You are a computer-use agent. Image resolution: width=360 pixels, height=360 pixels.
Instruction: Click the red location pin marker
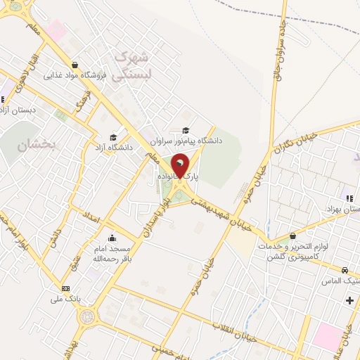[180, 166]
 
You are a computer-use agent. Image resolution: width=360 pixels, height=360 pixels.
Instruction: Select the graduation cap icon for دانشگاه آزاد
[112, 137]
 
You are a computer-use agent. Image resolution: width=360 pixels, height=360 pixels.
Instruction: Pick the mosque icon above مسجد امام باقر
[112, 238]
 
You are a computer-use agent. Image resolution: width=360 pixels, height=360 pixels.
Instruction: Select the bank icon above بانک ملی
[66, 288]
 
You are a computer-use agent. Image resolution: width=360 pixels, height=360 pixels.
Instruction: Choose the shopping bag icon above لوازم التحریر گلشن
[293, 236]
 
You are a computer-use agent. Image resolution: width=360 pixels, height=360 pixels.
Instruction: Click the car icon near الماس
[345, 271]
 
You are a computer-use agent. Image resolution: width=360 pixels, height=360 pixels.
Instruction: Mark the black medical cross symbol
[349, 301]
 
